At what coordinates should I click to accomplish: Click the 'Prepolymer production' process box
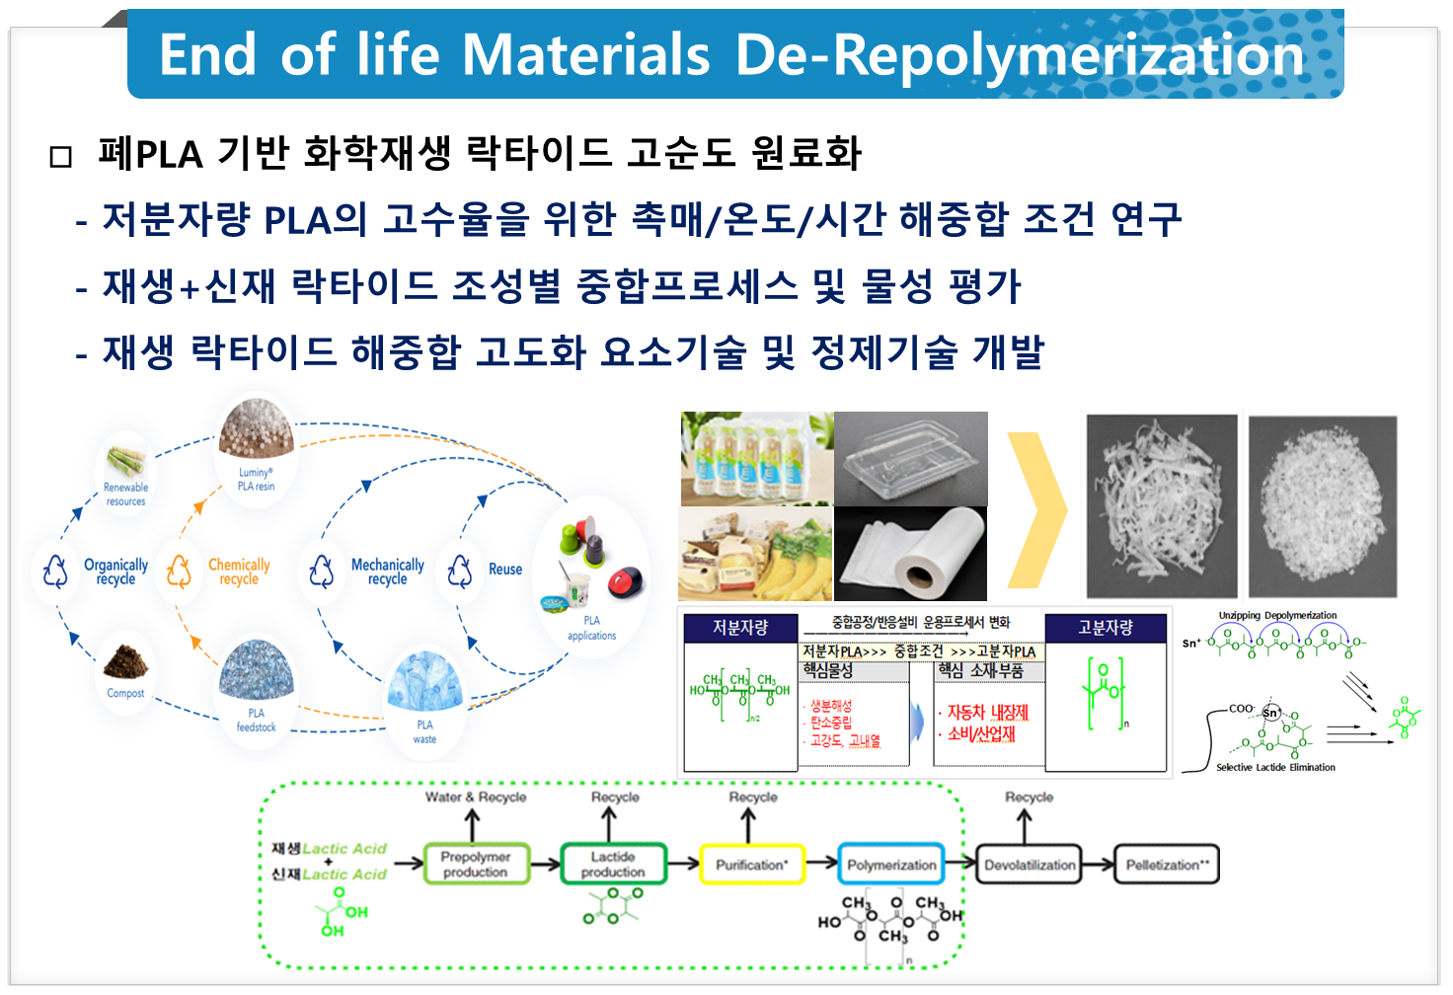point(476,865)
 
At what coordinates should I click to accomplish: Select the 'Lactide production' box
point(613,865)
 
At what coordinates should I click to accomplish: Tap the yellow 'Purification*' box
point(752,865)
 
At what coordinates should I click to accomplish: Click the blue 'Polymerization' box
point(891,865)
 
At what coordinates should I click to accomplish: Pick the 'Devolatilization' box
point(1030,865)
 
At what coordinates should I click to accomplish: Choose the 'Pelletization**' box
point(1167,865)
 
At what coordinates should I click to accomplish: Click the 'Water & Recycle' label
point(476,797)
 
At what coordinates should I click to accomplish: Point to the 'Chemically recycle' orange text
point(239,572)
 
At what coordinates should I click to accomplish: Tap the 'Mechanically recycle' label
point(388,572)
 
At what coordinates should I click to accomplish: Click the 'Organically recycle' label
point(115,572)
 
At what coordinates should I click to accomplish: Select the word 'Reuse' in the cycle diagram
point(505,570)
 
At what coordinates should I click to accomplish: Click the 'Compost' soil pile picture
point(125,660)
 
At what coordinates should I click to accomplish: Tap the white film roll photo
point(910,555)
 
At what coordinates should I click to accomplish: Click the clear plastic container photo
point(910,459)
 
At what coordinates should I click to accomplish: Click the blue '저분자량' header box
point(740,628)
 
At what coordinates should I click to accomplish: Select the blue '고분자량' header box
point(1106,628)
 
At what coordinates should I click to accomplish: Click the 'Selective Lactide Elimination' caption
point(1275,767)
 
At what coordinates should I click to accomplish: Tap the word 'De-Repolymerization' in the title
point(1020,54)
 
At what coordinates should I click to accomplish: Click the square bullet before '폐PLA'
point(61,157)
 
